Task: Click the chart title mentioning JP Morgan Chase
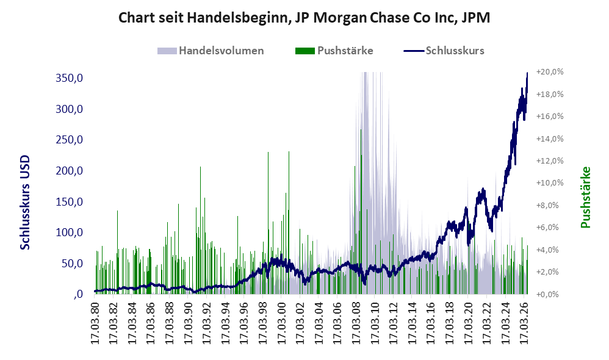(x=304, y=18)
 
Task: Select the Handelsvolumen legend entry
(x=211, y=51)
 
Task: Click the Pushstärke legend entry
(x=334, y=51)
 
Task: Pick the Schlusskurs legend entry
(x=444, y=51)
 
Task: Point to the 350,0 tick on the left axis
(x=70, y=78)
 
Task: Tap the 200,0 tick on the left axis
(x=70, y=170)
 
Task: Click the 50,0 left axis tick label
(x=73, y=264)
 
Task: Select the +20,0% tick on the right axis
(x=550, y=72)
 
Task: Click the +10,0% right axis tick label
(x=550, y=183)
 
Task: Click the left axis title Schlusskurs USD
(x=25, y=203)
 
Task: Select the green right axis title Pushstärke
(x=585, y=197)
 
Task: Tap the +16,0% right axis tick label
(x=550, y=116)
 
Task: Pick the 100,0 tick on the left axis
(x=70, y=232)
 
